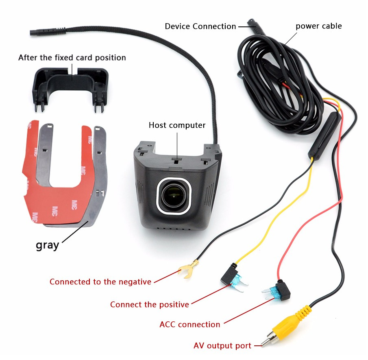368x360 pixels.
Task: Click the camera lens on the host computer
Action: point(174,196)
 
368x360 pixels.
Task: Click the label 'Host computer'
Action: point(177,125)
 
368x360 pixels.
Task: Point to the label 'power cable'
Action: point(318,26)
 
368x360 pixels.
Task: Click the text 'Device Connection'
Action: point(200,26)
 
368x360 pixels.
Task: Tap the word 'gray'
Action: point(47,245)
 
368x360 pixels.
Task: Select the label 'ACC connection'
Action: point(189,324)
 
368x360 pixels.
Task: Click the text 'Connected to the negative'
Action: point(100,281)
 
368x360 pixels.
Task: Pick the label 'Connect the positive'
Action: point(150,304)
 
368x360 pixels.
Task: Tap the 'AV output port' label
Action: point(222,345)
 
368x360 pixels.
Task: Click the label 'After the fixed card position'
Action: point(72,57)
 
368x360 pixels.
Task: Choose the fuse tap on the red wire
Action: point(277,291)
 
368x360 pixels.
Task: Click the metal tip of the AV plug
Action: point(267,340)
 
